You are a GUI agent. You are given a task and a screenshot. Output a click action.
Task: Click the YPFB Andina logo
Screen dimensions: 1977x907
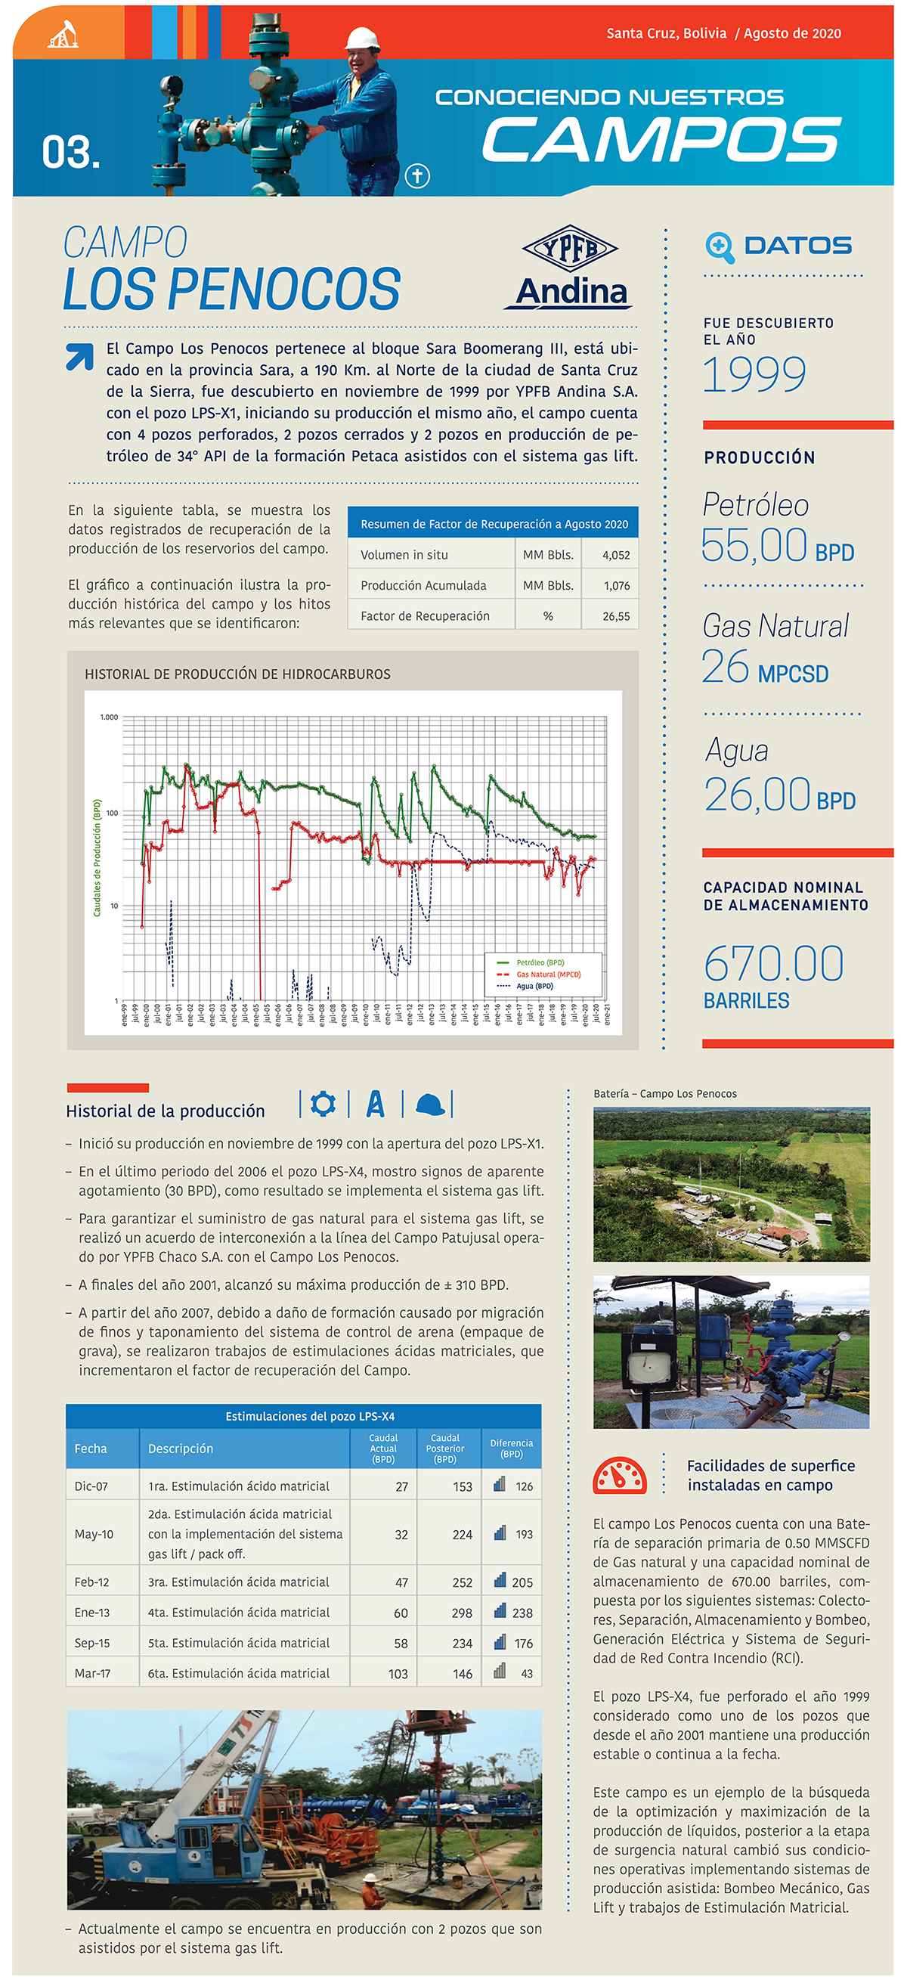click(x=569, y=266)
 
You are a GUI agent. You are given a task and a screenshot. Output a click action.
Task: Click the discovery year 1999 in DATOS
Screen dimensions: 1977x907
click(x=754, y=373)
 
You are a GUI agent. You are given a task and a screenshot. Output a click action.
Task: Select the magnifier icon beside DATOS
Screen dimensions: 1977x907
click(x=719, y=246)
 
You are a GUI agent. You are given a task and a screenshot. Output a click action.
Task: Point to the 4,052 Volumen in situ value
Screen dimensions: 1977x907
click(x=615, y=555)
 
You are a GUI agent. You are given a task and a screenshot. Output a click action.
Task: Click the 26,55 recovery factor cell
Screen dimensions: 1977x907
click(x=615, y=616)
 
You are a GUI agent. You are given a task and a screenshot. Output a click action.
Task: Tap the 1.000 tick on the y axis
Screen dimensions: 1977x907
click(x=109, y=717)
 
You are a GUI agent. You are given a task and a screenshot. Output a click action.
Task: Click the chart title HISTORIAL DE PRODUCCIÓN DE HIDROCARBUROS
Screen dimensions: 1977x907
click(x=237, y=674)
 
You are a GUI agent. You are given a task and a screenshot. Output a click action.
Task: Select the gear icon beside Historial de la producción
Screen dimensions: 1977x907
click(x=323, y=1104)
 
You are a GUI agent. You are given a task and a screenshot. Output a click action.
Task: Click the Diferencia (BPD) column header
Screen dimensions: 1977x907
click(x=511, y=1449)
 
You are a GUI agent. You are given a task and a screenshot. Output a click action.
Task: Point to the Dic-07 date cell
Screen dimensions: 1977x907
click(x=91, y=1486)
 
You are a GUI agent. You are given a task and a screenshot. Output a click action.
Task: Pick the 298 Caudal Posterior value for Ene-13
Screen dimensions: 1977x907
click(x=462, y=1613)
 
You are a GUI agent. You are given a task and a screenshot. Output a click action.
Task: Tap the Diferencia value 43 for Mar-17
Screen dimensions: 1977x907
click(x=526, y=1674)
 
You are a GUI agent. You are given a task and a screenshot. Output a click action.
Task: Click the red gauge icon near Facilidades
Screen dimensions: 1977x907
click(x=619, y=1475)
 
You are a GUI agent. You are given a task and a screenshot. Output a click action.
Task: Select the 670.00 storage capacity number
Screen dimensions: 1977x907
click(x=773, y=964)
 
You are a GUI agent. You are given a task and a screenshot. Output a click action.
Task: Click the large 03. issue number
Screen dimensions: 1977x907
click(x=70, y=152)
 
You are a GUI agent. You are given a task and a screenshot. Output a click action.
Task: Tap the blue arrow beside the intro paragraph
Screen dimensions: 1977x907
click(x=80, y=356)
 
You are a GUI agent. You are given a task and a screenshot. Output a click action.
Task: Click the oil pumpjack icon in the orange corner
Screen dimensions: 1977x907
click(x=63, y=35)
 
